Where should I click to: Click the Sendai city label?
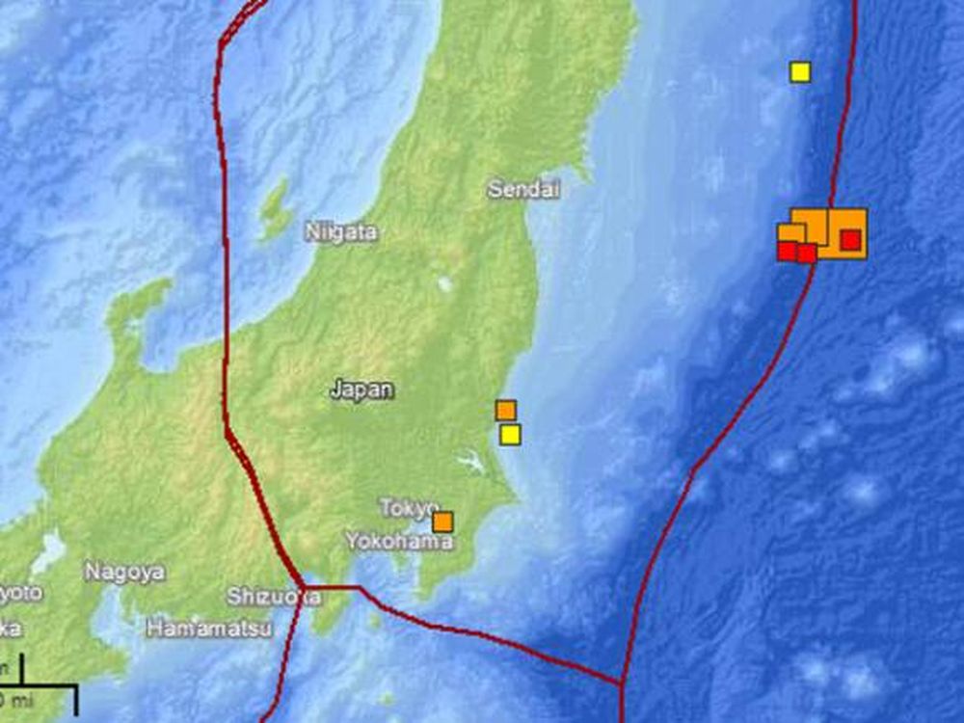(x=523, y=190)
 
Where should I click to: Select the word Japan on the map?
(x=361, y=389)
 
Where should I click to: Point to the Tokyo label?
(x=408, y=507)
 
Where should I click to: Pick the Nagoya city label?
(x=124, y=572)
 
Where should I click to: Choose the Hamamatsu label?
(x=208, y=629)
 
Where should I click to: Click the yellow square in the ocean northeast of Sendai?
(x=800, y=71)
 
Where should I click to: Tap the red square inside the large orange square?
(x=850, y=239)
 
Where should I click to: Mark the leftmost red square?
(x=788, y=251)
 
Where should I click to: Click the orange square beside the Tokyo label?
(x=443, y=522)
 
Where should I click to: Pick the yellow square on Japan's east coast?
(x=511, y=435)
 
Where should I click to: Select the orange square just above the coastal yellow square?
(x=506, y=410)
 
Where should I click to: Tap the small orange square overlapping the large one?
(x=791, y=232)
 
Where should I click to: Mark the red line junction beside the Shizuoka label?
(x=303, y=586)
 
